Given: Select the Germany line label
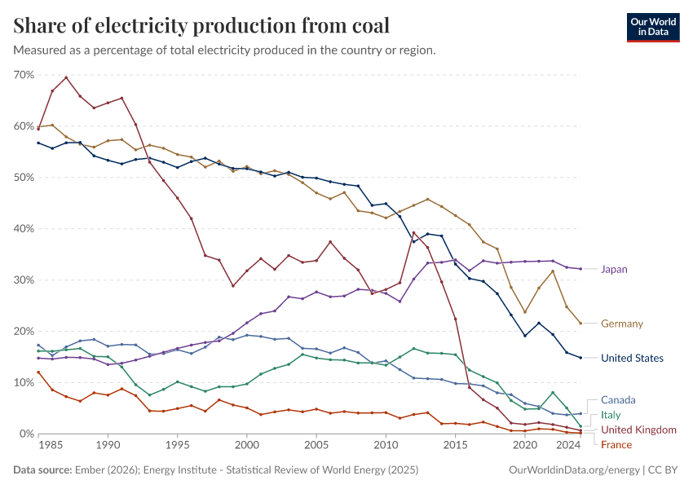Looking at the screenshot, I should click(x=621, y=324).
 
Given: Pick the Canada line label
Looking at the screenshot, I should click(x=618, y=400).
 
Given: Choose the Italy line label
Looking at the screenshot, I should click(x=611, y=415).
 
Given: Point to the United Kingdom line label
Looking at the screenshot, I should click(x=638, y=430).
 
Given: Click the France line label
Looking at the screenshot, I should click(x=616, y=444).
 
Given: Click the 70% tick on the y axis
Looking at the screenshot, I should click(x=23, y=75).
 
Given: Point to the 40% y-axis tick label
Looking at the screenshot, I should click(x=23, y=229).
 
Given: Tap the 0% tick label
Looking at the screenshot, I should click(x=26, y=434).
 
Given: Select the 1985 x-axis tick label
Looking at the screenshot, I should click(x=52, y=446).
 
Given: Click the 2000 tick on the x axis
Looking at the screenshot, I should click(x=247, y=446).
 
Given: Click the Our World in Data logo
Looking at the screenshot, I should click(x=653, y=27).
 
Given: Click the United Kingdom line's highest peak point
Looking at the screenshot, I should click(x=66, y=77).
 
